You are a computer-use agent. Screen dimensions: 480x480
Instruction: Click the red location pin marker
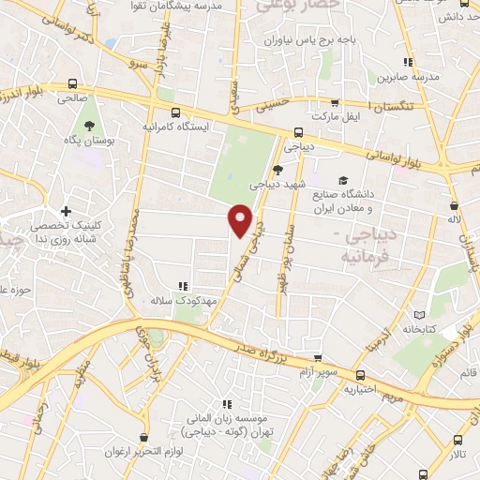coord(241,219)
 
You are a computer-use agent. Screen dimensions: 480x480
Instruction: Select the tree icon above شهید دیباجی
coord(277,169)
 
